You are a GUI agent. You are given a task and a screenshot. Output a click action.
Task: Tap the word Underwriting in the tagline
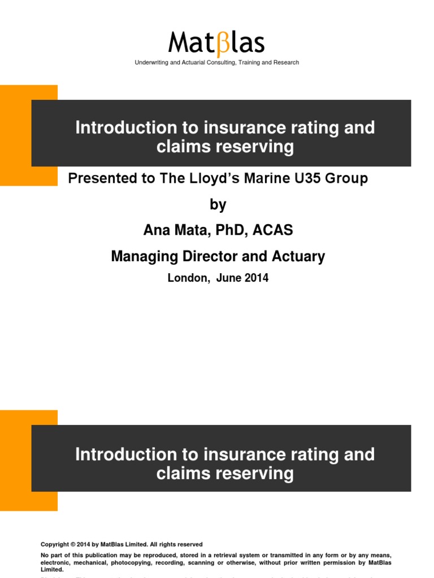click(153, 63)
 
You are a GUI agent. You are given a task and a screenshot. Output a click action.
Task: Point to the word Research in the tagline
click(285, 63)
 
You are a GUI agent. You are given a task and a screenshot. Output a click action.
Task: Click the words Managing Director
click(175, 257)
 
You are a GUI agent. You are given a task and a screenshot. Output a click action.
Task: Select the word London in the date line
click(187, 278)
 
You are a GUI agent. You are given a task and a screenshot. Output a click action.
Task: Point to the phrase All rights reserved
click(177, 544)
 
